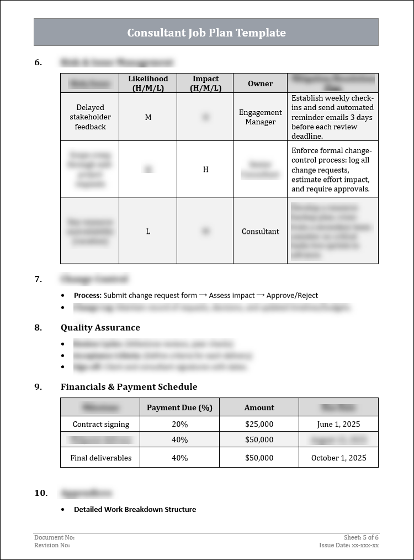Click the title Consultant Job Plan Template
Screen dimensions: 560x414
(x=206, y=33)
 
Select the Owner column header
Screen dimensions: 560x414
(x=260, y=83)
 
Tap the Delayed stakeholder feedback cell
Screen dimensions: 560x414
(x=90, y=117)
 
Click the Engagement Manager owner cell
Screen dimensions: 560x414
(x=260, y=117)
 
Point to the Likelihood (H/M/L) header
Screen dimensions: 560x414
(x=148, y=83)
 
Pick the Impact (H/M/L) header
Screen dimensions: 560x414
(x=205, y=83)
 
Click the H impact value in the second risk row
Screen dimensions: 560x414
(x=205, y=170)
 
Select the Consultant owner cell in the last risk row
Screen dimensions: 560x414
(x=260, y=232)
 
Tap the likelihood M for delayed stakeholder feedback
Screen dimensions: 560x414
(x=148, y=117)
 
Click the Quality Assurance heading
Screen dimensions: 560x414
(x=100, y=328)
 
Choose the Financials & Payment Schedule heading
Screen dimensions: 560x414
(x=129, y=387)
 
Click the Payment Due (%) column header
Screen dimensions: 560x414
(x=179, y=408)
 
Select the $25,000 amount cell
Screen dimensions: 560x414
(x=259, y=425)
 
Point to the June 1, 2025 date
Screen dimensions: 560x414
(x=338, y=425)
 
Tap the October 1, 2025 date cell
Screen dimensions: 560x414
(x=338, y=458)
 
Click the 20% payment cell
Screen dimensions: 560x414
(x=179, y=425)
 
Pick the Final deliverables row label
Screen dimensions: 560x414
(x=100, y=458)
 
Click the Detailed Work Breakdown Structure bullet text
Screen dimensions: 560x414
(x=135, y=510)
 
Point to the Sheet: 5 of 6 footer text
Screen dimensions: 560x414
(x=361, y=537)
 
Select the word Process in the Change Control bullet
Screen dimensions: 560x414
(x=87, y=296)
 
